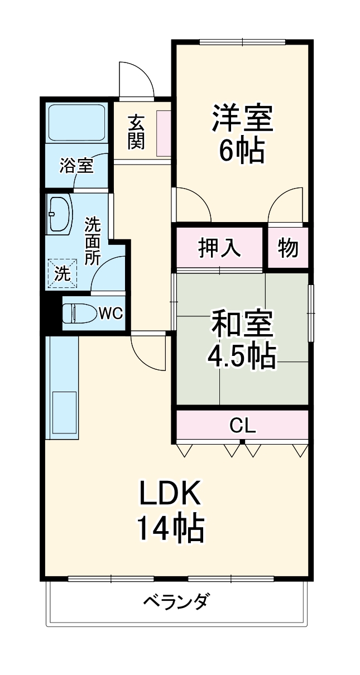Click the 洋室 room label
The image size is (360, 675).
242,118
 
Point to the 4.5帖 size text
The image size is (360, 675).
242,356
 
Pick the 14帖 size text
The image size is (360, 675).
170,529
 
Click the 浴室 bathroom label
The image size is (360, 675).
76,165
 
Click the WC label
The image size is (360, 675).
111,314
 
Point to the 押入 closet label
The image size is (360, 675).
219,248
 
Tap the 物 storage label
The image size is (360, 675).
288,248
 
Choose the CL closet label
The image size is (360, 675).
243,426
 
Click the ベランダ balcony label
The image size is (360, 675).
177,602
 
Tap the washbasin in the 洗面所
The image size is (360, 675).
60,213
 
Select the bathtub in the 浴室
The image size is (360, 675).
77,122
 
